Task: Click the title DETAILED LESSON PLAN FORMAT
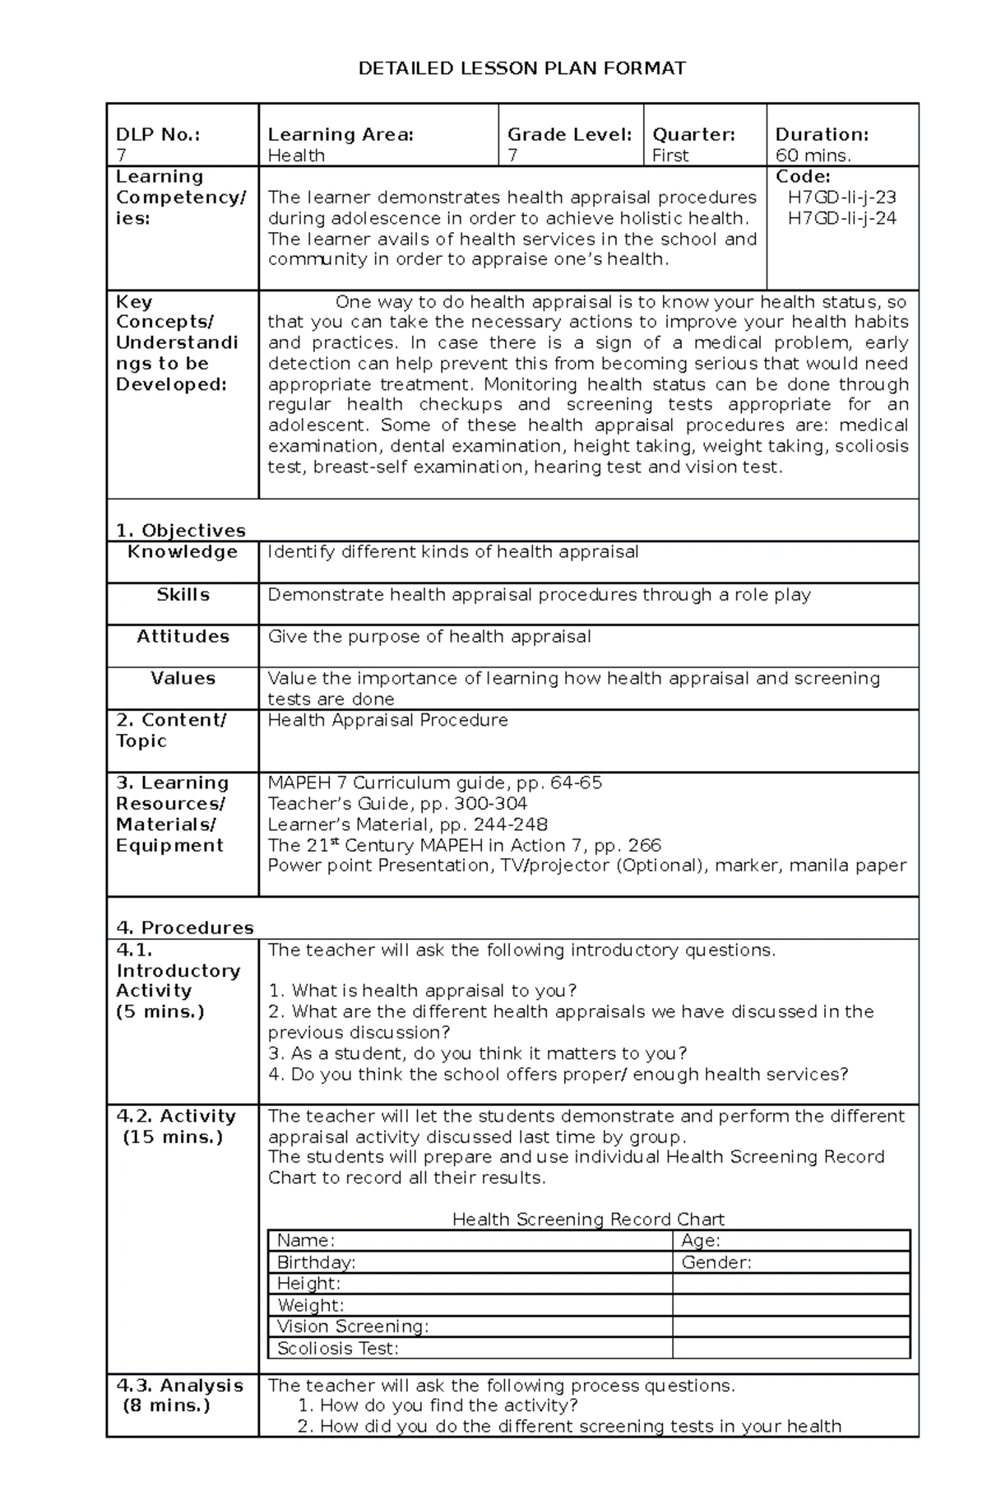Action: click(521, 68)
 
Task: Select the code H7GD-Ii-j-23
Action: click(841, 197)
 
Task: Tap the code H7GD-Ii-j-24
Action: click(841, 218)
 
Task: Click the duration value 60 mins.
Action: click(813, 156)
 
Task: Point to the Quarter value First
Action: click(670, 156)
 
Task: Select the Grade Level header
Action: click(569, 135)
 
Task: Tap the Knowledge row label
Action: click(183, 552)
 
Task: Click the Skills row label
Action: click(183, 595)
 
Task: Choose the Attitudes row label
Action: click(183, 637)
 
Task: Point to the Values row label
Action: click(183, 679)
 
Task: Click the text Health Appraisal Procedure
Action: click(387, 721)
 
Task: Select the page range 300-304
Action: click(496, 804)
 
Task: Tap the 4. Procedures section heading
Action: click(184, 928)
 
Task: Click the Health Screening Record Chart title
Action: click(588, 1220)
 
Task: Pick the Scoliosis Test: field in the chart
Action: click(337, 1349)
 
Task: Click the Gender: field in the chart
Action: click(716, 1263)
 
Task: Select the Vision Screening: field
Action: click(352, 1326)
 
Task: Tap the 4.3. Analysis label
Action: click(179, 1386)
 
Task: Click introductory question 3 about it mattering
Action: click(477, 1054)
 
